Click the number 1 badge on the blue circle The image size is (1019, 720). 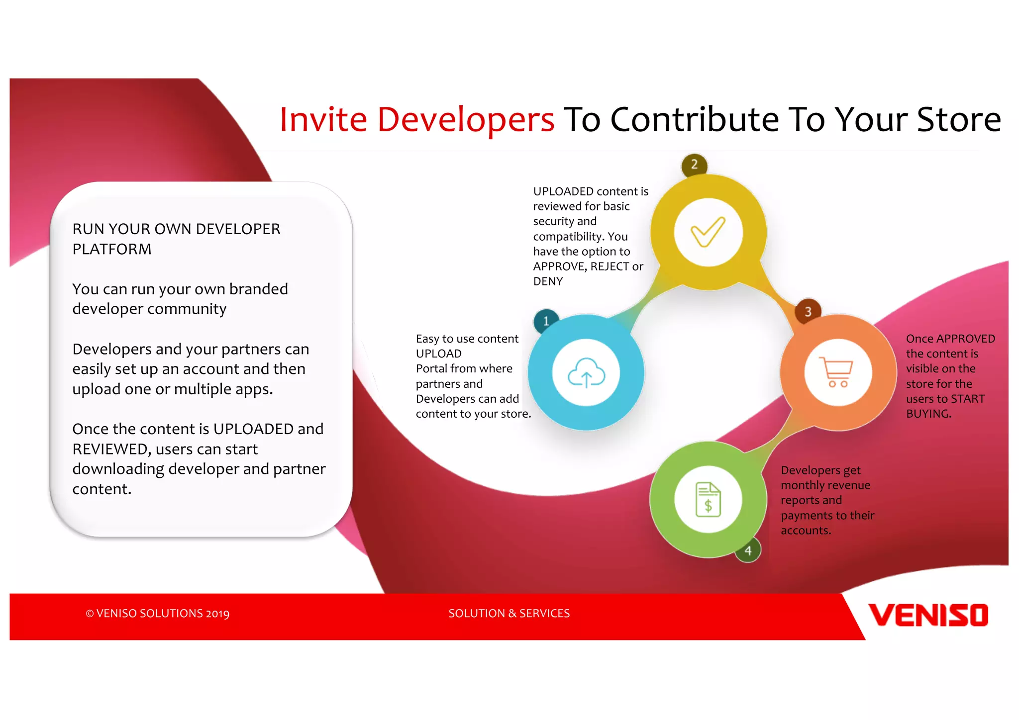(546, 321)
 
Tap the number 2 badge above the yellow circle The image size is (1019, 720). (694, 165)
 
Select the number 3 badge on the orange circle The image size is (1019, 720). (808, 312)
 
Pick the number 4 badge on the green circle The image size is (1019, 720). (748, 550)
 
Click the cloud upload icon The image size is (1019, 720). (586, 373)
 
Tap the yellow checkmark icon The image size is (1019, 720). (708, 232)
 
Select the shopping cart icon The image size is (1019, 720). (838, 373)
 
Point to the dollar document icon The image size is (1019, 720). (708, 499)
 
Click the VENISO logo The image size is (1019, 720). (928, 616)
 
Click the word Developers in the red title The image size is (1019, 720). (466, 120)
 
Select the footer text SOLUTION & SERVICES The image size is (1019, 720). (509, 613)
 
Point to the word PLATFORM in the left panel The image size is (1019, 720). (112, 249)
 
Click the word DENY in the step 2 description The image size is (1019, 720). (548, 281)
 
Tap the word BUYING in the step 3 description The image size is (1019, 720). (928, 414)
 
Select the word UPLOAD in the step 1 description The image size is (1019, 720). (438, 354)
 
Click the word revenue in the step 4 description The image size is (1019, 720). (846, 485)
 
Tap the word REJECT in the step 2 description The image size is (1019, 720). (610, 267)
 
